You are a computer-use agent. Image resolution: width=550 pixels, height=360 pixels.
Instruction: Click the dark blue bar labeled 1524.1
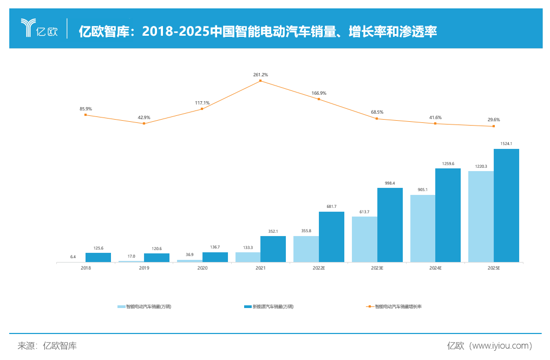pyautogui.click(x=506, y=205)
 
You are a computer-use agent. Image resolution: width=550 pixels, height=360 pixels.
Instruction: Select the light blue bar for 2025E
pyautogui.click(x=481, y=217)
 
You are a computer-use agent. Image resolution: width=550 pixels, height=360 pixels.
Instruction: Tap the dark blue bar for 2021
pyautogui.click(x=273, y=249)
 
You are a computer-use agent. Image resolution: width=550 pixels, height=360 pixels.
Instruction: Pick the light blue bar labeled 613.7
pyautogui.click(x=364, y=239)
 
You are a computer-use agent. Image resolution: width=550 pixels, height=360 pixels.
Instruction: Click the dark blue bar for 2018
pyautogui.click(x=98, y=257)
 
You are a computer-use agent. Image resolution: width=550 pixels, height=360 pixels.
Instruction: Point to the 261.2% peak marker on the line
pyautogui.click(x=260, y=81)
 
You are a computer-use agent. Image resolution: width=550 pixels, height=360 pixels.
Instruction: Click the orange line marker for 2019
pyautogui.click(x=144, y=123)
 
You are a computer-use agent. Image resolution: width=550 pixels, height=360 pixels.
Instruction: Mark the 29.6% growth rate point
pyautogui.click(x=493, y=126)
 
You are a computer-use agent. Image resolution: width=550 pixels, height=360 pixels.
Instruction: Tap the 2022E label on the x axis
pyautogui.click(x=318, y=268)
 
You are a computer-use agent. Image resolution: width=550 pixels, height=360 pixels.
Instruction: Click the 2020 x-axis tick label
pyautogui.click(x=202, y=268)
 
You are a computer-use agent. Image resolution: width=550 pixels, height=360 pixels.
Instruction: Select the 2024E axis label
pyautogui.click(x=435, y=268)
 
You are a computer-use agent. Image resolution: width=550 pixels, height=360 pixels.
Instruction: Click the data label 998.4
pyautogui.click(x=390, y=183)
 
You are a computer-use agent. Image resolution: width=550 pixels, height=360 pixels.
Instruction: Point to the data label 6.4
pyautogui.click(x=73, y=257)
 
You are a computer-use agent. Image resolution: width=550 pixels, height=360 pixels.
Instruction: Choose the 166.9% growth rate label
pyautogui.click(x=319, y=93)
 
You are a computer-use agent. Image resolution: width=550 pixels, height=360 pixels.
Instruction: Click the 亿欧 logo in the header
pyautogui.click(x=39, y=29)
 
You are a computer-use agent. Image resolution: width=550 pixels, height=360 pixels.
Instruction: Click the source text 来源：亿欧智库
pyautogui.click(x=47, y=345)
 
